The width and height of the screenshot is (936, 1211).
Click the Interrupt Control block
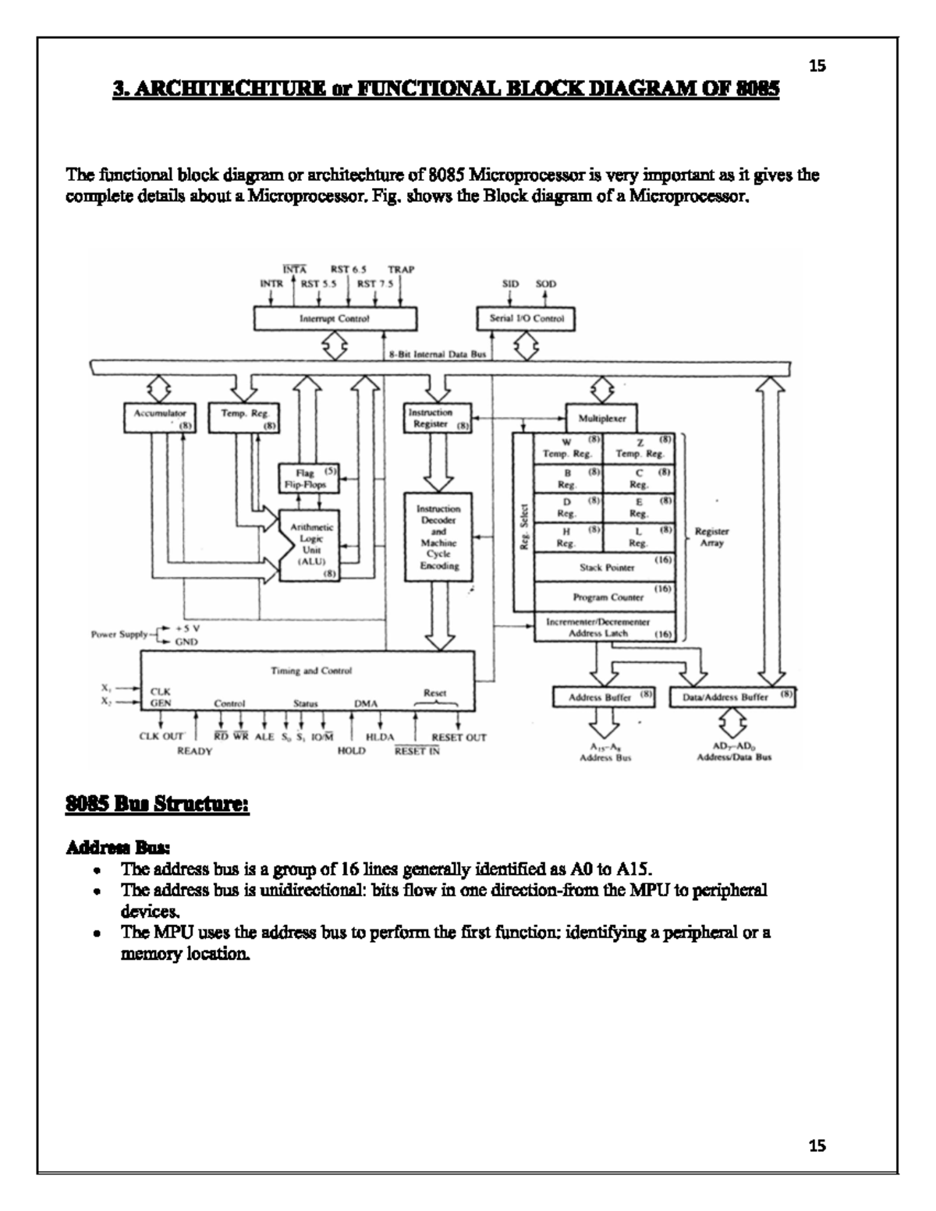tap(335, 319)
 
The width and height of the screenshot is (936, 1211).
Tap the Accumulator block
tap(159, 417)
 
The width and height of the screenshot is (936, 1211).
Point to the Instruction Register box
tap(438, 418)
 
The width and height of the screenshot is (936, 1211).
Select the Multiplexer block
tap(601, 418)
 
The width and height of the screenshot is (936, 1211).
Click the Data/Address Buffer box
tap(732, 696)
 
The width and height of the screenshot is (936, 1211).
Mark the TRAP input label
tap(401, 270)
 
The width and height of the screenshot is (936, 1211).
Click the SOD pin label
tap(546, 284)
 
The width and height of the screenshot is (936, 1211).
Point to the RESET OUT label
tap(459, 738)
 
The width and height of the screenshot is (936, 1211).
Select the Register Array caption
tap(711, 537)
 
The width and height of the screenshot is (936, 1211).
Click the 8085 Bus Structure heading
tap(157, 803)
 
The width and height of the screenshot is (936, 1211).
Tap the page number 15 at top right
tap(817, 66)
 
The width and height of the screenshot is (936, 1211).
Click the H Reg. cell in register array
tap(569, 536)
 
